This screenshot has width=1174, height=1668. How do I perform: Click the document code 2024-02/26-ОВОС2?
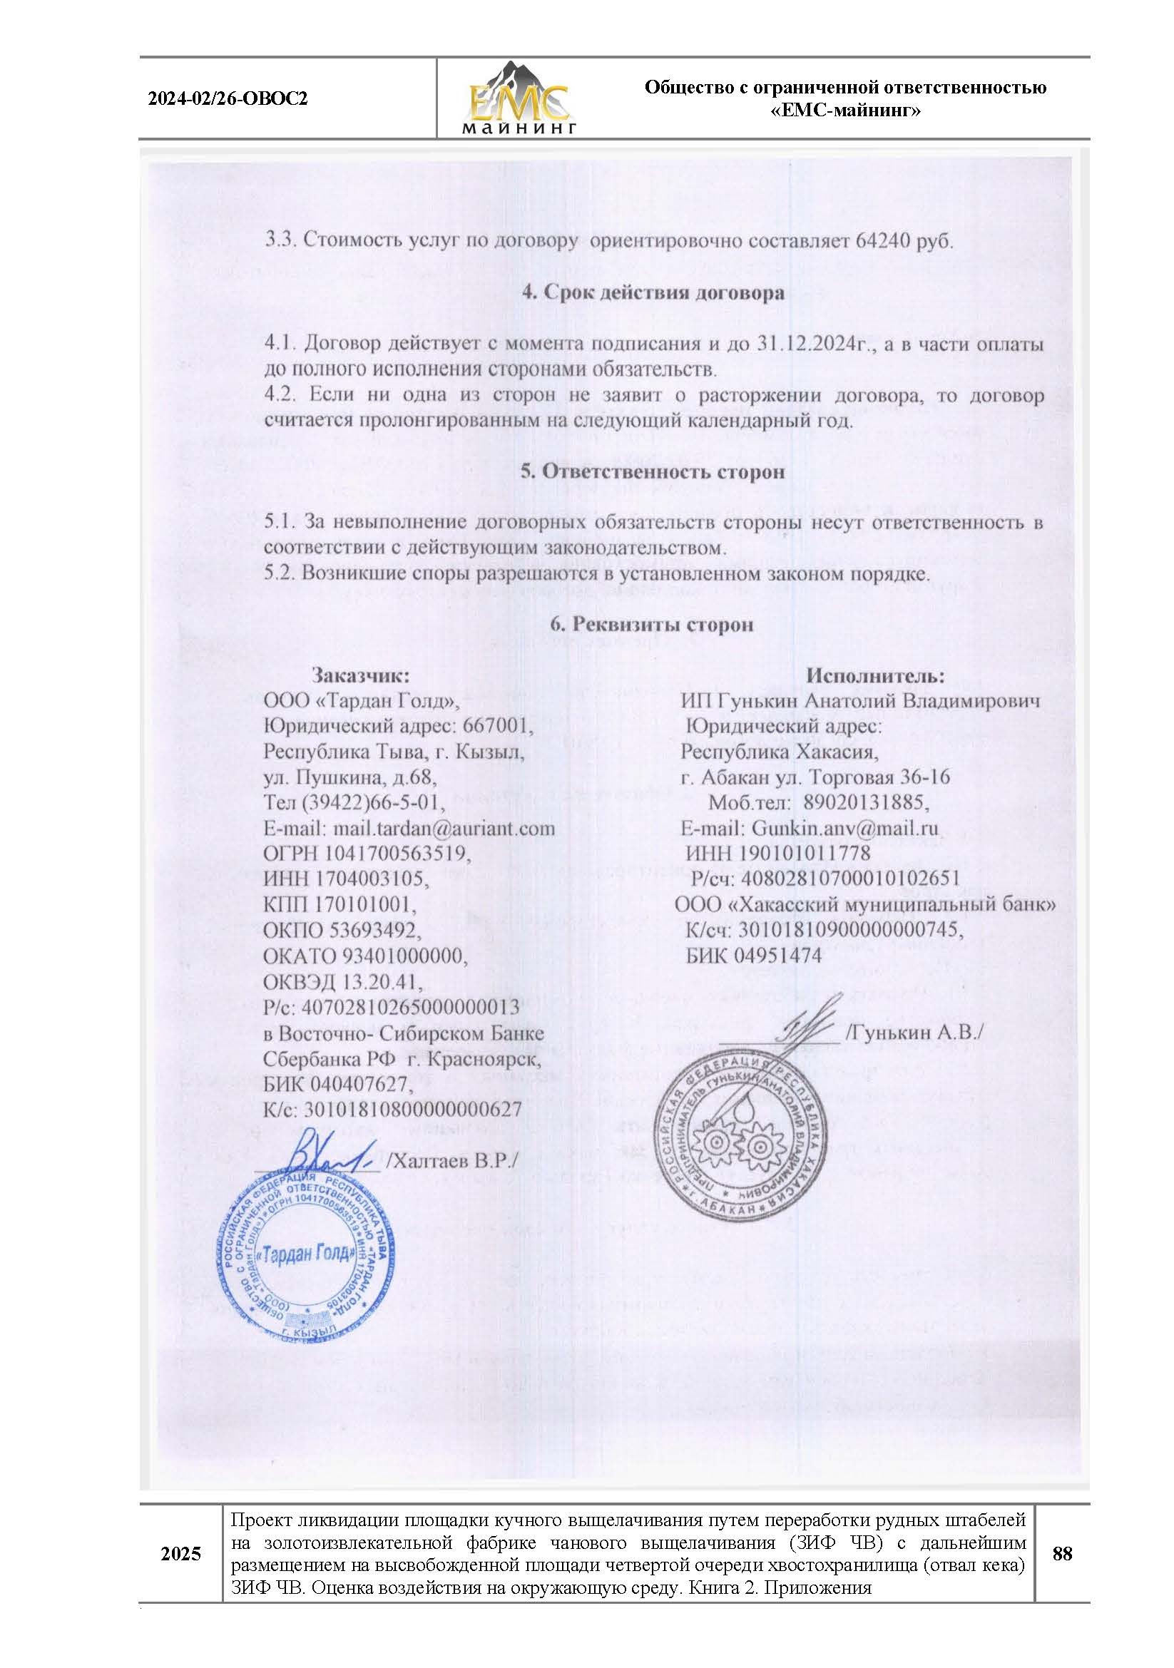click(x=228, y=99)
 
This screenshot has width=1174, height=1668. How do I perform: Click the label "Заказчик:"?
click(x=361, y=675)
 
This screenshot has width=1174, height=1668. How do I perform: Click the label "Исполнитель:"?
click(x=874, y=675)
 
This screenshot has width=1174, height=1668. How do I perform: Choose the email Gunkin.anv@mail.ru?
click(x=845, y=828)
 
